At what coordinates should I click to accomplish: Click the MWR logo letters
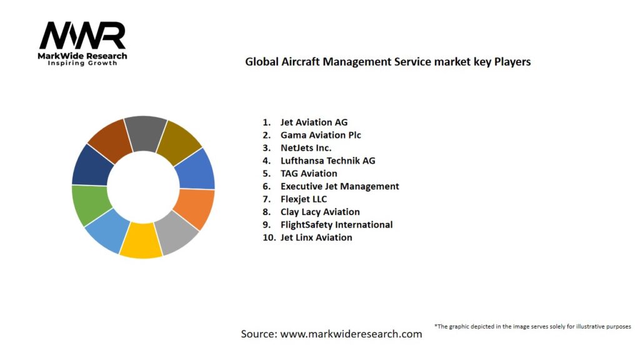[x=82, y=36]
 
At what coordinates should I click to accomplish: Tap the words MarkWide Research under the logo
[x=83, y=56]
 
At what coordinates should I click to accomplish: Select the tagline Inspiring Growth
[x=83, y=63]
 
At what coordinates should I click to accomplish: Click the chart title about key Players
[x=387, y=62]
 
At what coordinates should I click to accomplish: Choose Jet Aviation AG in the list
[x=314, y=122]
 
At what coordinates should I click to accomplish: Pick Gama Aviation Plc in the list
[x=321, y=135]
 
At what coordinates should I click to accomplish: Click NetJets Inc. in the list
[x=306, y=148]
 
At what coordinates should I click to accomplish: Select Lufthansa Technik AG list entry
[x=328, y=161]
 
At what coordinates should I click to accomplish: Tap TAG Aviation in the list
[x=309, y=174]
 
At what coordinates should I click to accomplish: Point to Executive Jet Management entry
[x=339, y=186]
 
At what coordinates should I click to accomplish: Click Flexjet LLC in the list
[x=304, y=199]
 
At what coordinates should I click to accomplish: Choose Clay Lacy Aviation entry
[x=320, y=212]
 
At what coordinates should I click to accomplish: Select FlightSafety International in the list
[x=336, y=224]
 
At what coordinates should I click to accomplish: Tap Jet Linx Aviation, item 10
[x=316, y=237]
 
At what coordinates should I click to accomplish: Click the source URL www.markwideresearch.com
[x=351, y=334]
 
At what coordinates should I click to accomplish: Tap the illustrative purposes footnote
[x=532, y=326]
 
